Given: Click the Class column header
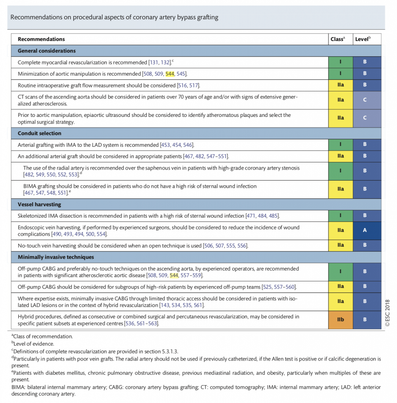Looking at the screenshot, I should pos(338,39).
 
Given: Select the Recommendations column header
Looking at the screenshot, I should pos(41,39).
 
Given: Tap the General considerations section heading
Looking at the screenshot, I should pos(46,51).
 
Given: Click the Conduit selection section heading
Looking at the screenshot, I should pos(39,133).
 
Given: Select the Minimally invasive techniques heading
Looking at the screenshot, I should pos(56,257).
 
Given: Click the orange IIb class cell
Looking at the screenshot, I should pos(340,320).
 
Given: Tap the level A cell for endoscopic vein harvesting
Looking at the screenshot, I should pos(365,231).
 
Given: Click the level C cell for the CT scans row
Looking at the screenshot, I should pos(365,100).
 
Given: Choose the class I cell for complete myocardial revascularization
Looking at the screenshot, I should pos(340,62).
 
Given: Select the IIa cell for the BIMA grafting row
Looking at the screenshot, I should pos(340,189).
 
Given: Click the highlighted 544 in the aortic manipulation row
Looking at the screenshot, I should pos(170,74).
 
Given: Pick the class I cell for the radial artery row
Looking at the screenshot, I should pos(340,171).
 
